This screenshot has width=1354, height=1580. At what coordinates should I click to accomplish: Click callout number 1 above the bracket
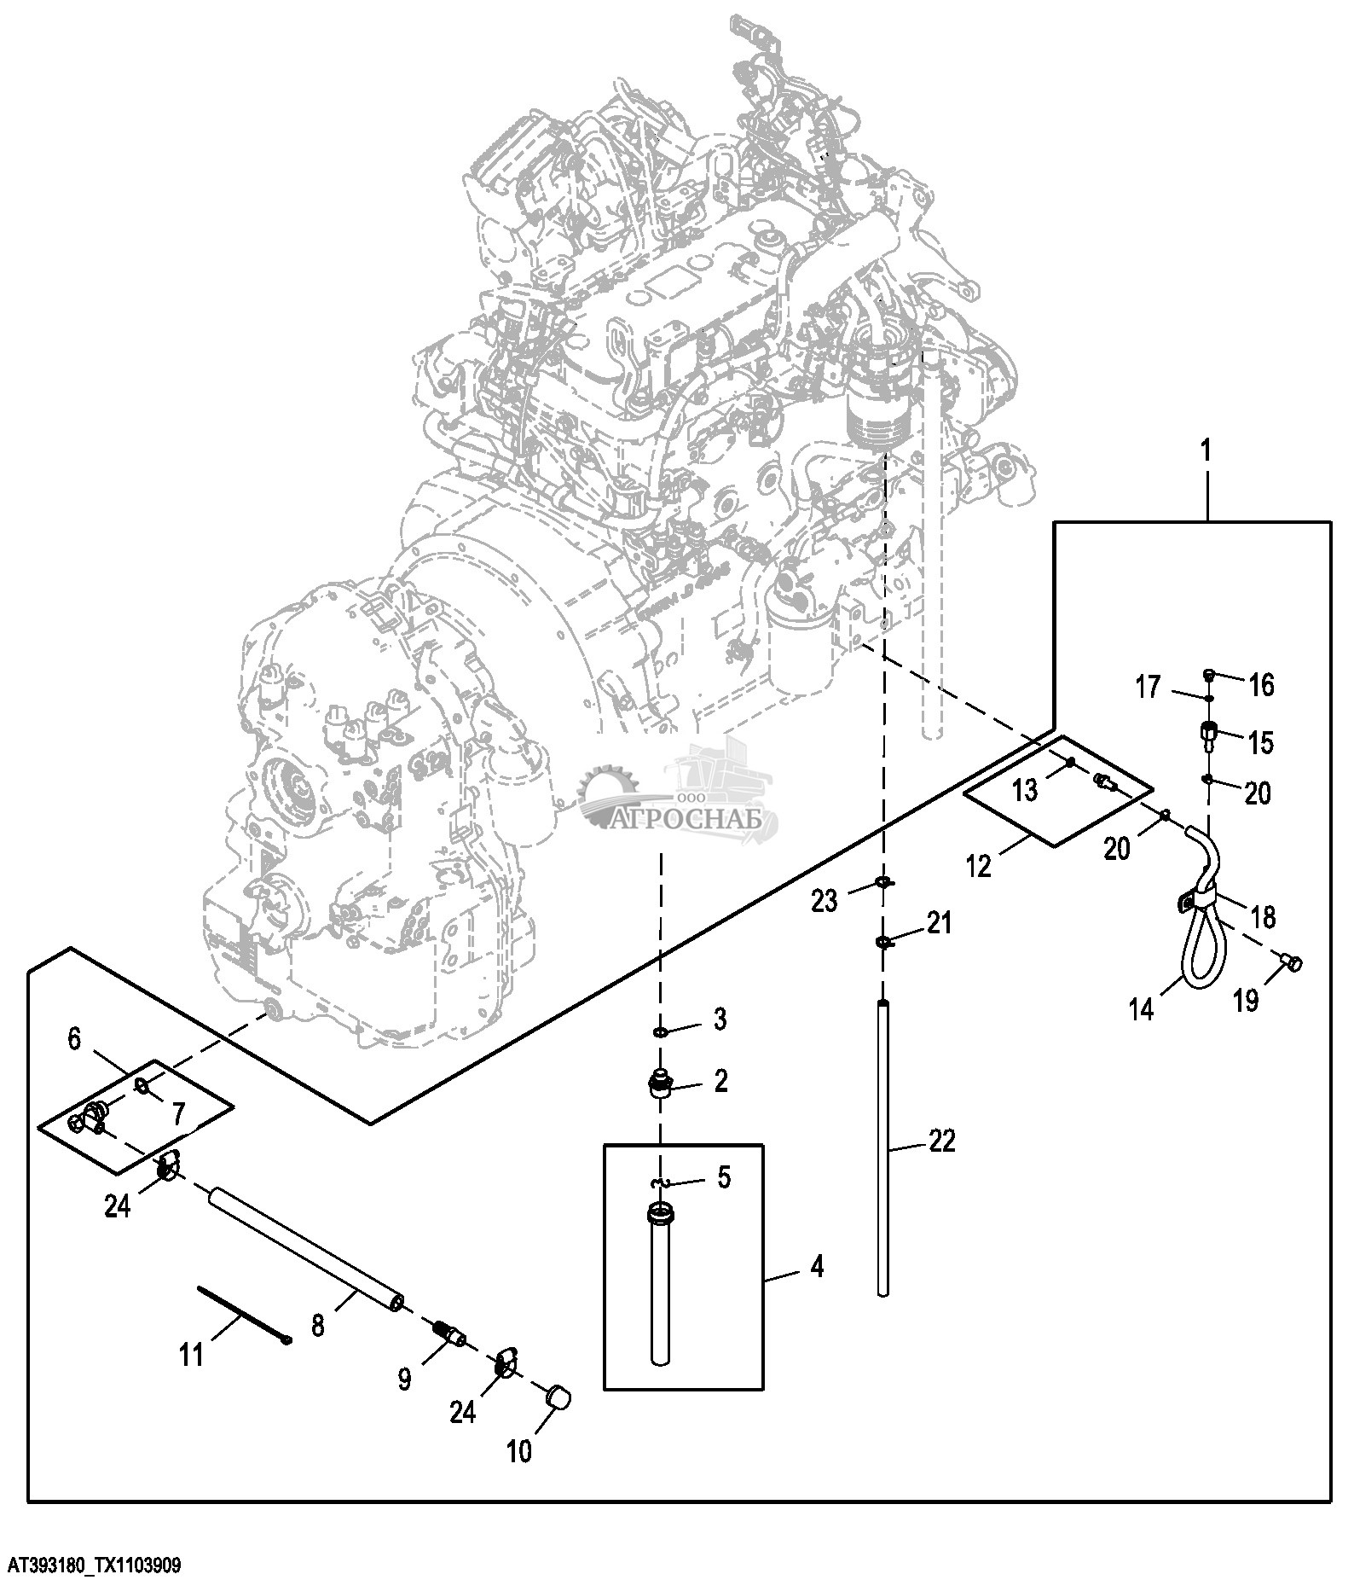(1206, 451)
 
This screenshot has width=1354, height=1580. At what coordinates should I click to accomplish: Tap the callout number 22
(941, 1141)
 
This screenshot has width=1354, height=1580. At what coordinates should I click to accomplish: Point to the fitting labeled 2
(660, 1084)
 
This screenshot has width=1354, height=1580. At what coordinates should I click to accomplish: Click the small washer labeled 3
(661, 1032)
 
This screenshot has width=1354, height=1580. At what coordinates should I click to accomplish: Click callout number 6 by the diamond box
(74, 1039)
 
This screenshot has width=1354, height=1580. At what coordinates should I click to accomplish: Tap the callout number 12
(980, 865)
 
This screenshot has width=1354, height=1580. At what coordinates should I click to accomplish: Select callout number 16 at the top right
(1261, 684)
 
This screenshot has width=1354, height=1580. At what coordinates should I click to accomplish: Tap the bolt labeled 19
(1293, 964)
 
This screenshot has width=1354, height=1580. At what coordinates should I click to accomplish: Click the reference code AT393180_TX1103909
(93, 1565)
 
